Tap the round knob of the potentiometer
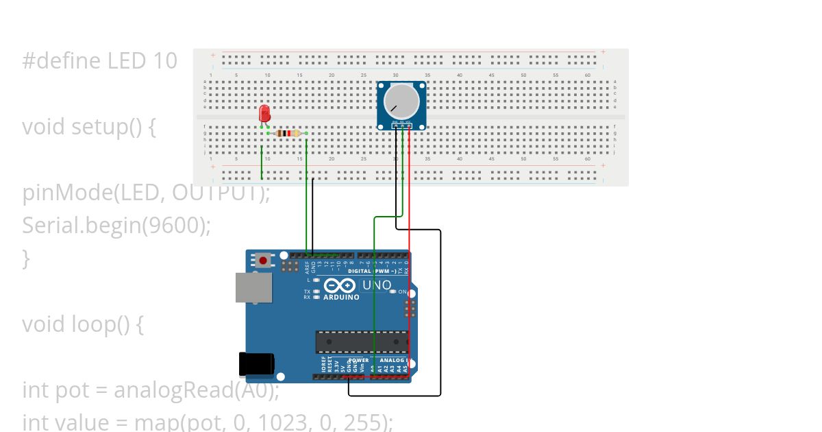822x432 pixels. [x=401, y=101]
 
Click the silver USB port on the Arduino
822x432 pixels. [x=253, y=287]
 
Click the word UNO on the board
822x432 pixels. [x=377, y=285]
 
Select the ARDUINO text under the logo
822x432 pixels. [x=340, y=298]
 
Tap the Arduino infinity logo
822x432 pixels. [x=340, y=286]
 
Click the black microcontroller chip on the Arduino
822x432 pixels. [x=362, y=341]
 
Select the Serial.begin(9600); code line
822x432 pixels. [x=116, y=225]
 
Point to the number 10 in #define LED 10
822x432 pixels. [x=164, y=61]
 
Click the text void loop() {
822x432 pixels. [x=83, y=324]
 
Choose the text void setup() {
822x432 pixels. [x=89, y=127]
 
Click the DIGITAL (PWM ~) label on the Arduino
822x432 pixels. [x=373, y=272]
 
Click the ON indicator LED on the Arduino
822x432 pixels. [x=393, y=292]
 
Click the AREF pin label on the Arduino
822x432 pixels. [x=307, y=267]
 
